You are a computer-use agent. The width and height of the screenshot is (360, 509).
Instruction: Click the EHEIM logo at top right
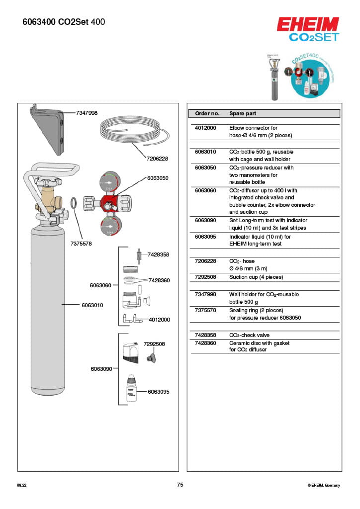point(308,24)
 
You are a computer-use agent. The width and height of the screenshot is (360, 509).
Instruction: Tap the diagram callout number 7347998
point(87,113)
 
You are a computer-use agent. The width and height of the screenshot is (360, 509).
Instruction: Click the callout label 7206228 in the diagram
point(157,159)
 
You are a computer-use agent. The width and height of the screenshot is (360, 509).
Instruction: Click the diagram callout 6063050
point(158,177)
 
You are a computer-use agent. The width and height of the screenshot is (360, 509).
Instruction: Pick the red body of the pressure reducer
point(108,203)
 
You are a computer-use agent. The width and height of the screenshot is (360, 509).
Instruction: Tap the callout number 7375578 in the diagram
point(81,244)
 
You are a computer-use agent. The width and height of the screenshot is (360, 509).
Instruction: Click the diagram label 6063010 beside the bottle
point(92,305)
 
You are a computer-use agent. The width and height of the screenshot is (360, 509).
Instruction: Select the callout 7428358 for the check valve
point(158,254)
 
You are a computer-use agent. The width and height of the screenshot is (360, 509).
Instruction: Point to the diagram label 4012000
point(159,320)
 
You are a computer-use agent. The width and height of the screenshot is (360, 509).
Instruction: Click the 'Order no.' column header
point(207,113)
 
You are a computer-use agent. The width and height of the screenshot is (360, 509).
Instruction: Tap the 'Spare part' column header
point(243,113)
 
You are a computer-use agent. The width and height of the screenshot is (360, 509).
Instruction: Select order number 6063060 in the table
point(205,190)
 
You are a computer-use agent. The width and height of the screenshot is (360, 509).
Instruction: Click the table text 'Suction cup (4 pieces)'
point(256,277)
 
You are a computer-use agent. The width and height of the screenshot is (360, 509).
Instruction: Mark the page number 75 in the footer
point(180,485)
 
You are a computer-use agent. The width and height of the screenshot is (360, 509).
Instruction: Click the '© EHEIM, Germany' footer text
point(324,485)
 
